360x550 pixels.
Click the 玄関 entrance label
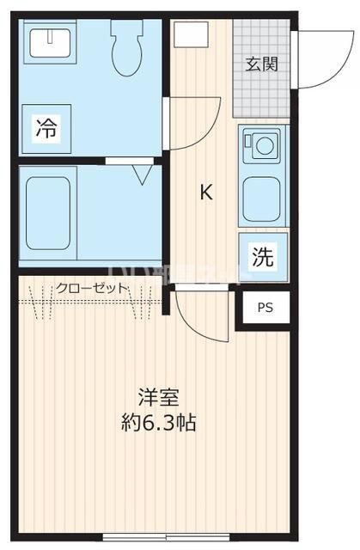(261, 64)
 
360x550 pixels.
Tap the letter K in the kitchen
(206, 192)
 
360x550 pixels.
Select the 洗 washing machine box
(262, 255)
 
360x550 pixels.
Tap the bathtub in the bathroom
(47, 211)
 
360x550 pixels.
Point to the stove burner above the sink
(259, 146)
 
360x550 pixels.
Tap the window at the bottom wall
(156, 539)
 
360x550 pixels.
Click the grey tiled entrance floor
(262, 95)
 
